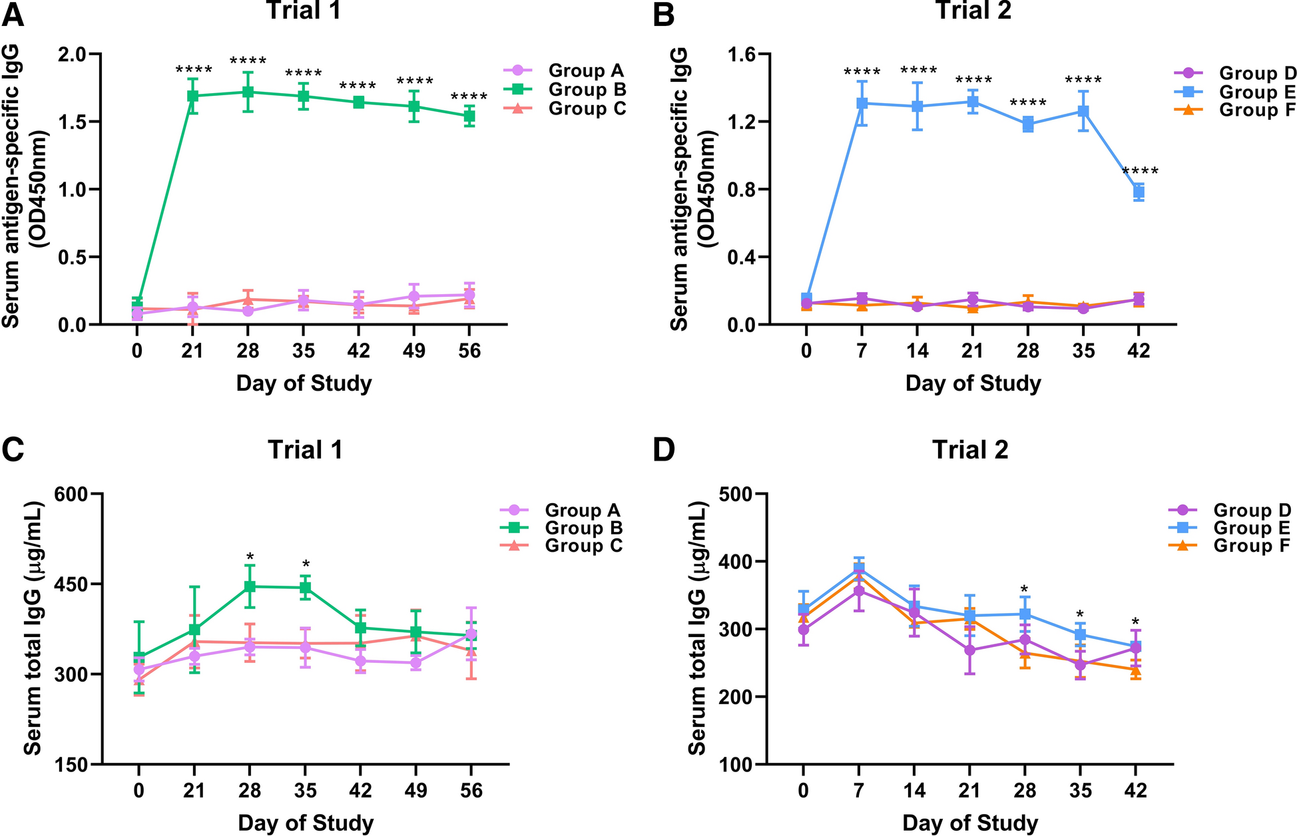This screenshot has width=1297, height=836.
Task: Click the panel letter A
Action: click(x=13, y=15)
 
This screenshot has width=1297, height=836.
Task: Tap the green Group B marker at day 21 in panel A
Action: click(x=192, y=96)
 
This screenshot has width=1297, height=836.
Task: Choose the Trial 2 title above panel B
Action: click(x=973, y=11)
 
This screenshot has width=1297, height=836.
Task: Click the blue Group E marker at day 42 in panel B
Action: click(x=1139, y=192)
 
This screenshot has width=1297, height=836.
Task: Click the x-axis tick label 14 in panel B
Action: click(x=917, y=351)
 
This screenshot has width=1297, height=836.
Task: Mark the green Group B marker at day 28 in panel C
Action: click(x=250, y=586)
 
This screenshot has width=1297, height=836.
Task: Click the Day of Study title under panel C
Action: click(x=306, y=823)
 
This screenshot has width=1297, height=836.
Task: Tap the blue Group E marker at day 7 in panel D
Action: click(x=859, y=568)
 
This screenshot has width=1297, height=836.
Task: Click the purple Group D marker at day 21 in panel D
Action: click(x=970, y=650)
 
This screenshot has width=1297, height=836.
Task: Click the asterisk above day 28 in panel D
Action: click(x=1025, y=590)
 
